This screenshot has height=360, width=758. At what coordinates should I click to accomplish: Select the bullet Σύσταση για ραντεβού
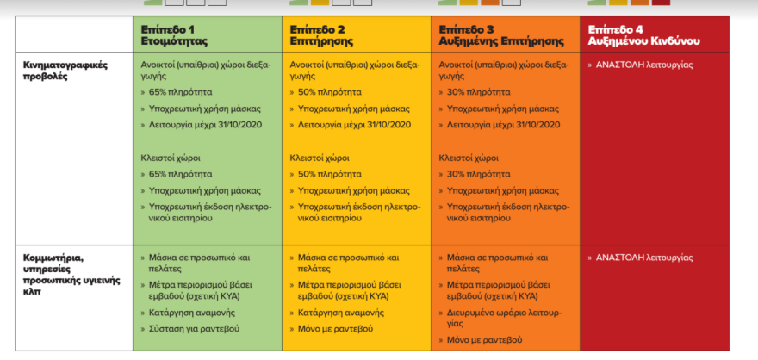[194, 329]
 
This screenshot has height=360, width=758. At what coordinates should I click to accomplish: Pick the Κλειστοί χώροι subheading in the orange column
[469, 158]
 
